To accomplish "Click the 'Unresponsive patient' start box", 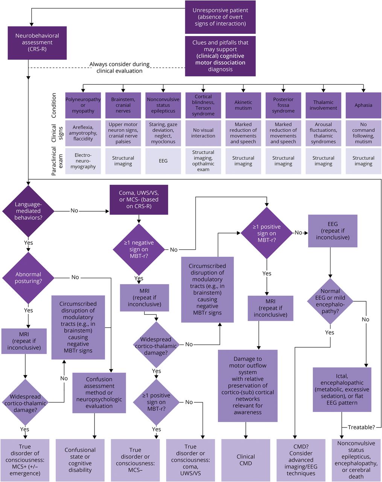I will (220, 17).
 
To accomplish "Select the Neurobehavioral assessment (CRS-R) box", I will (37, 43).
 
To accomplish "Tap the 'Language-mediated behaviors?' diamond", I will (28, 210).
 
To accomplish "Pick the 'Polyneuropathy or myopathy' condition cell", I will (83, 105).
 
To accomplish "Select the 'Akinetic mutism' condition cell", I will (243, 105).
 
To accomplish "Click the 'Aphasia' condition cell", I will (363, 105).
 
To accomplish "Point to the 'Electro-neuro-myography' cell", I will (83, 161).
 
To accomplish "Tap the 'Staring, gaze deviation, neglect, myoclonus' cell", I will (163, 133).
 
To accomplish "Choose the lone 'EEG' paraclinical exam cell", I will (163, 161).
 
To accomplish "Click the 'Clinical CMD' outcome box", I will (246, 460).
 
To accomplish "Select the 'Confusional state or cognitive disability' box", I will (80, 460).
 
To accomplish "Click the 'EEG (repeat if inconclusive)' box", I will (333, 231).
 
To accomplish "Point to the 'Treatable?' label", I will (361, 427).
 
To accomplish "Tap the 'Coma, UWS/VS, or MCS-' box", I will (139, 200).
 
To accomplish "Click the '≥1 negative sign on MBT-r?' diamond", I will (139, 249).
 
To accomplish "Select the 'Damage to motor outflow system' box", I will (248, 386).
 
